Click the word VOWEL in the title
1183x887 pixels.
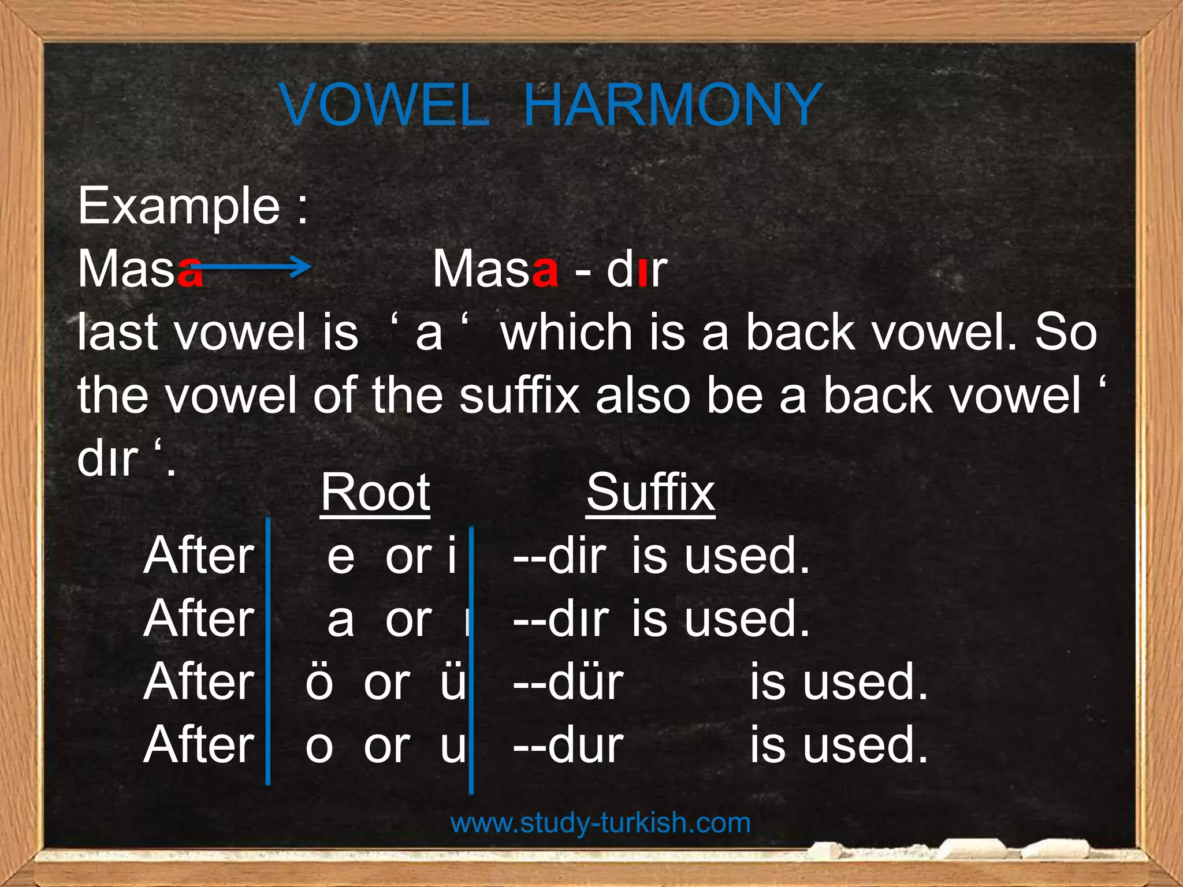click(x=385, y=105)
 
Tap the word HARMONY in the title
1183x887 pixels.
click(x=672, y=105)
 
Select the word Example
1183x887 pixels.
click(x=179, y=206)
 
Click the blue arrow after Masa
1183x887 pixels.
click(x=254, y=266)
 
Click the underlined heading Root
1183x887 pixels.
click(x=375, y=493)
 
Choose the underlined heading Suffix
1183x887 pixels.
click(x=651, y=493)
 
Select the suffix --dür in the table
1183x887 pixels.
click(x=568, y=683)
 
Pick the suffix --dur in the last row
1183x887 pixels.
click(x=568, y=746)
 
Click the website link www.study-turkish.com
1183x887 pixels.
click(x=600, y=822)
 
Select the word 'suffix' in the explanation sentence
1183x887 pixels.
click(x=520, y=396)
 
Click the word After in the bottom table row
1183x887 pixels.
click(x=199, y=746)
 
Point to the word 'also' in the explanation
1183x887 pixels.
click(x=643, y=396)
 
